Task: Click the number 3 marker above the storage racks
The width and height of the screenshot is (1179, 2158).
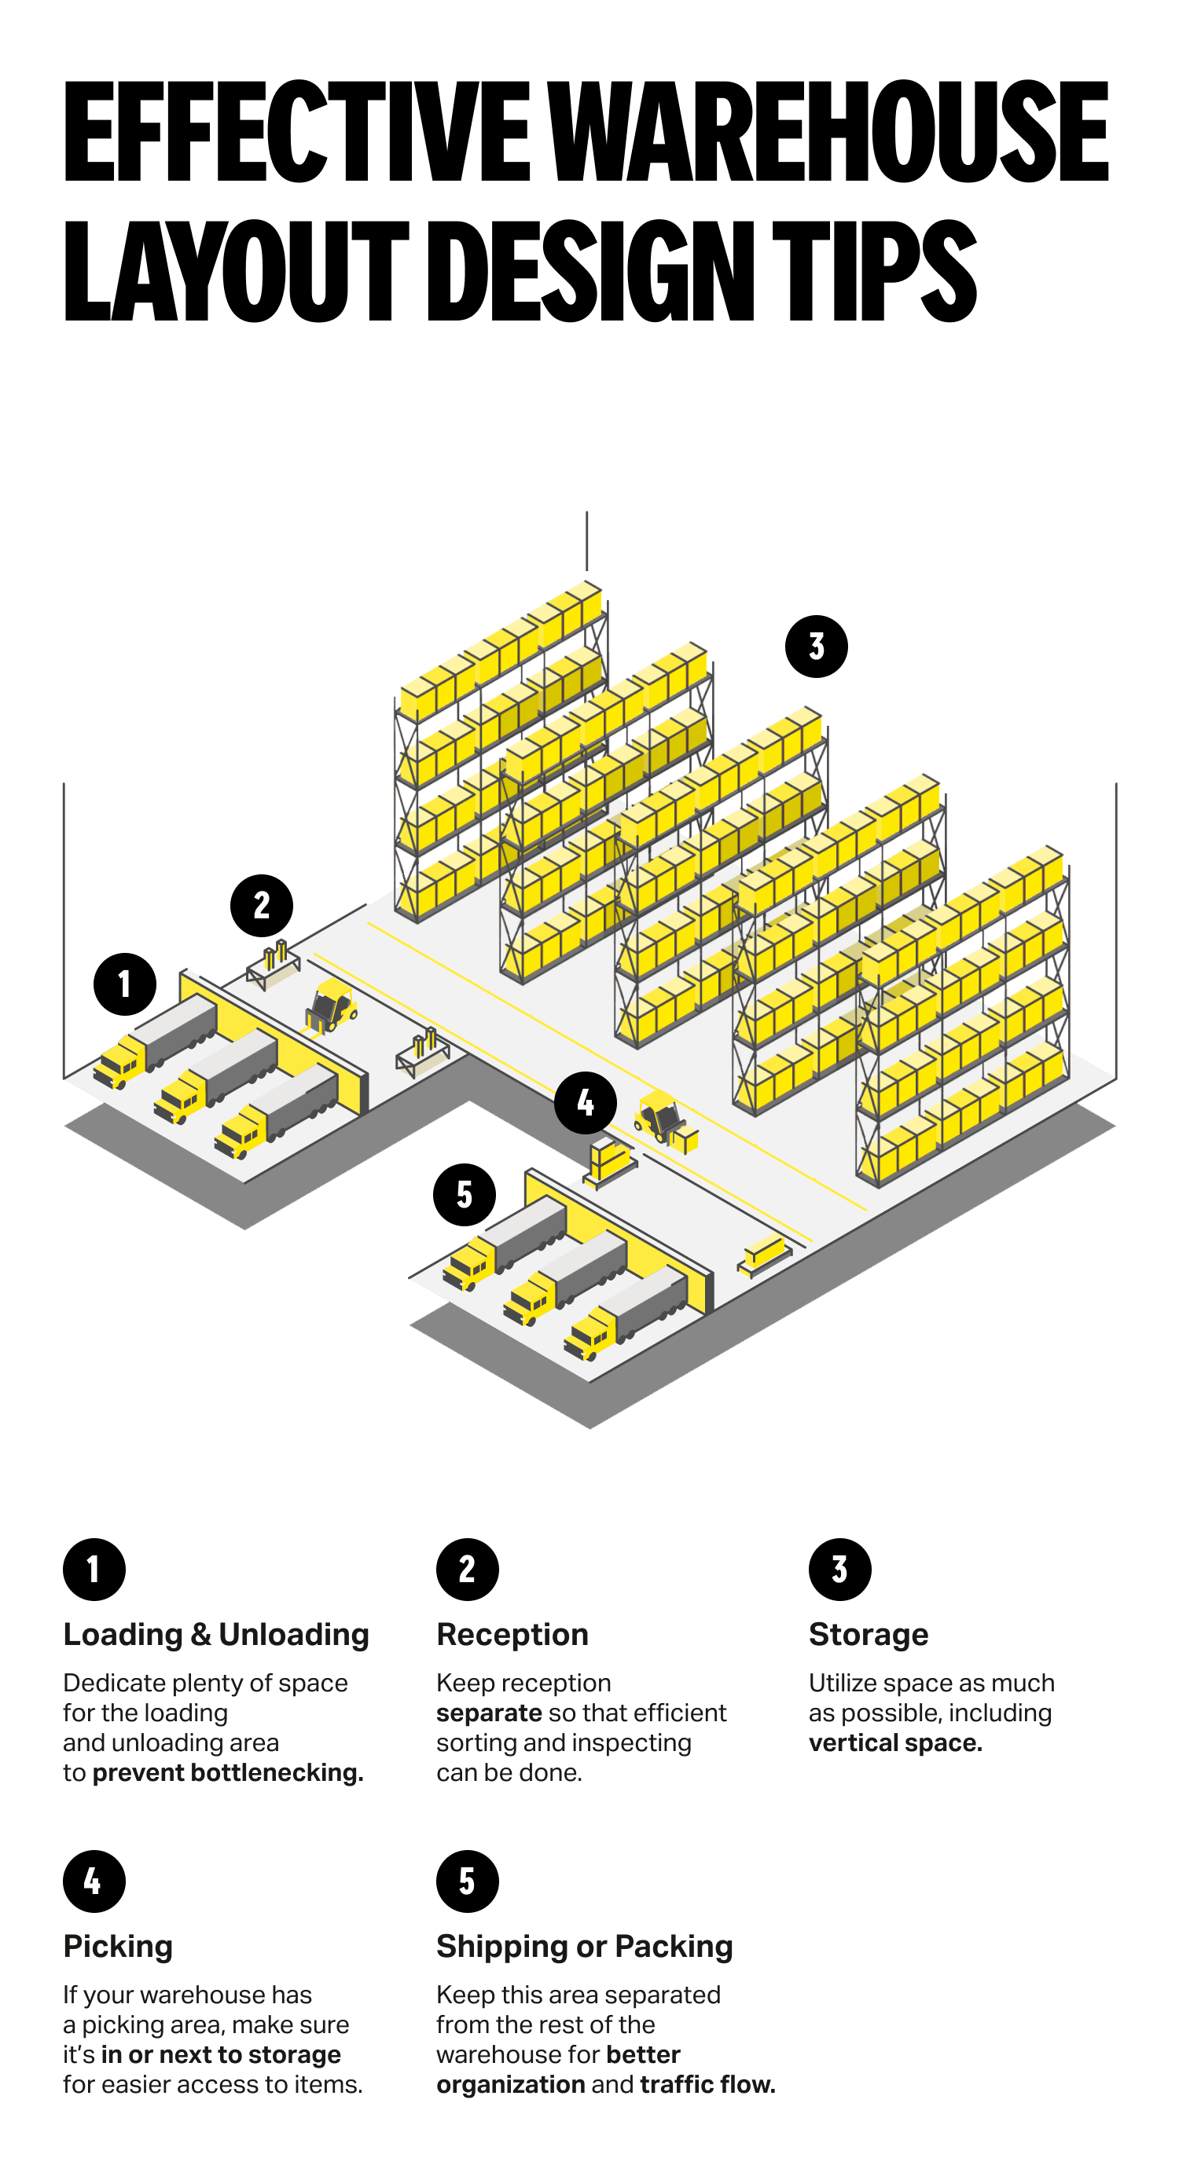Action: click(815, 646)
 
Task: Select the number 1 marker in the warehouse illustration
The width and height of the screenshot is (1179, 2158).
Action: click(125, 984)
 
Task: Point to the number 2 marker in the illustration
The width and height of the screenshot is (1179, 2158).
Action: click(262, 905)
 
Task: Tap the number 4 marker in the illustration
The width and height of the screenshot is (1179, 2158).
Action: click(585, 1102)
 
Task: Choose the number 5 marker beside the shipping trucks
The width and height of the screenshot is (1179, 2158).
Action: click(465, 1195)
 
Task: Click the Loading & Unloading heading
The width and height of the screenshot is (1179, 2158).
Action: click(216, 1635)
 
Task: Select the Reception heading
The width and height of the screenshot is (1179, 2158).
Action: click(512, 1635)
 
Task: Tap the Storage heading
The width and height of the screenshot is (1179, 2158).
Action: click(868, 1635)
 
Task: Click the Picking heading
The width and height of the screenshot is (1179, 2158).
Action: click(118, 1946)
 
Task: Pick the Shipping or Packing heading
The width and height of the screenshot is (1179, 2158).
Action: click(584, 1946)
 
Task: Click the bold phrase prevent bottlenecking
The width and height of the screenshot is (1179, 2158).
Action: click(228, 1772)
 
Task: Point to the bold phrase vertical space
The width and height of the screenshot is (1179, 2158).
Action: click(895, 1742)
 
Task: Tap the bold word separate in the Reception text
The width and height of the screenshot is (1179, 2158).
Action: click(489, 1713)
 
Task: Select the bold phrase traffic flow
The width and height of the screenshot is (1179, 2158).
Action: click(707, 2084)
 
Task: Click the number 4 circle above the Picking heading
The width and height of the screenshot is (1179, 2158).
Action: click(94, 1881)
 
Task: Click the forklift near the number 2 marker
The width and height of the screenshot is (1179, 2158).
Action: click(332, 1006)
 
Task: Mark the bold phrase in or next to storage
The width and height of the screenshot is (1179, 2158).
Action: click(220, 2054)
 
